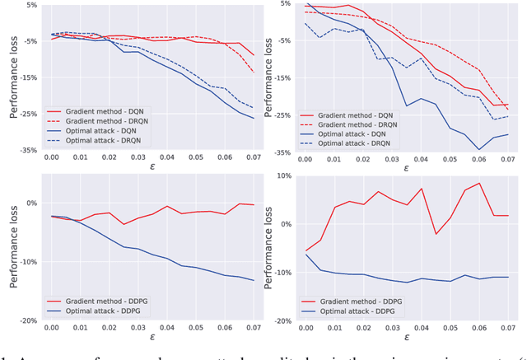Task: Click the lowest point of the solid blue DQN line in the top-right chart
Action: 479,150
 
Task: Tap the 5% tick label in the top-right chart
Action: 284,5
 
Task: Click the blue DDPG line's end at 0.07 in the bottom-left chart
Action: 254,281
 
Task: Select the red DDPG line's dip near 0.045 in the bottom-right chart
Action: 436,234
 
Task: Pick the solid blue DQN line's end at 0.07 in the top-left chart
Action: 254,119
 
